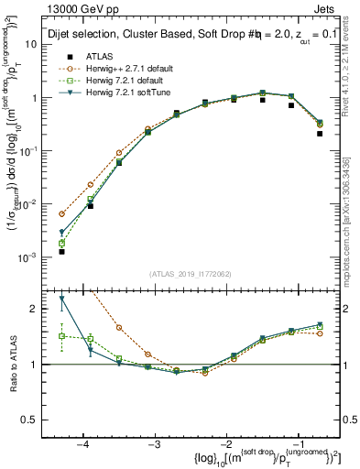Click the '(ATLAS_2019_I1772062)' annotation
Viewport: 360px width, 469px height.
[x=189, y=272]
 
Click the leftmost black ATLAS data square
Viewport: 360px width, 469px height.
[x=61, y=251]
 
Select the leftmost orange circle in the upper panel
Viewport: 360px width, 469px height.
[x=61, y=213]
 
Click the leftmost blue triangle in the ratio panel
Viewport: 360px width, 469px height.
[x=61, y=298]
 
